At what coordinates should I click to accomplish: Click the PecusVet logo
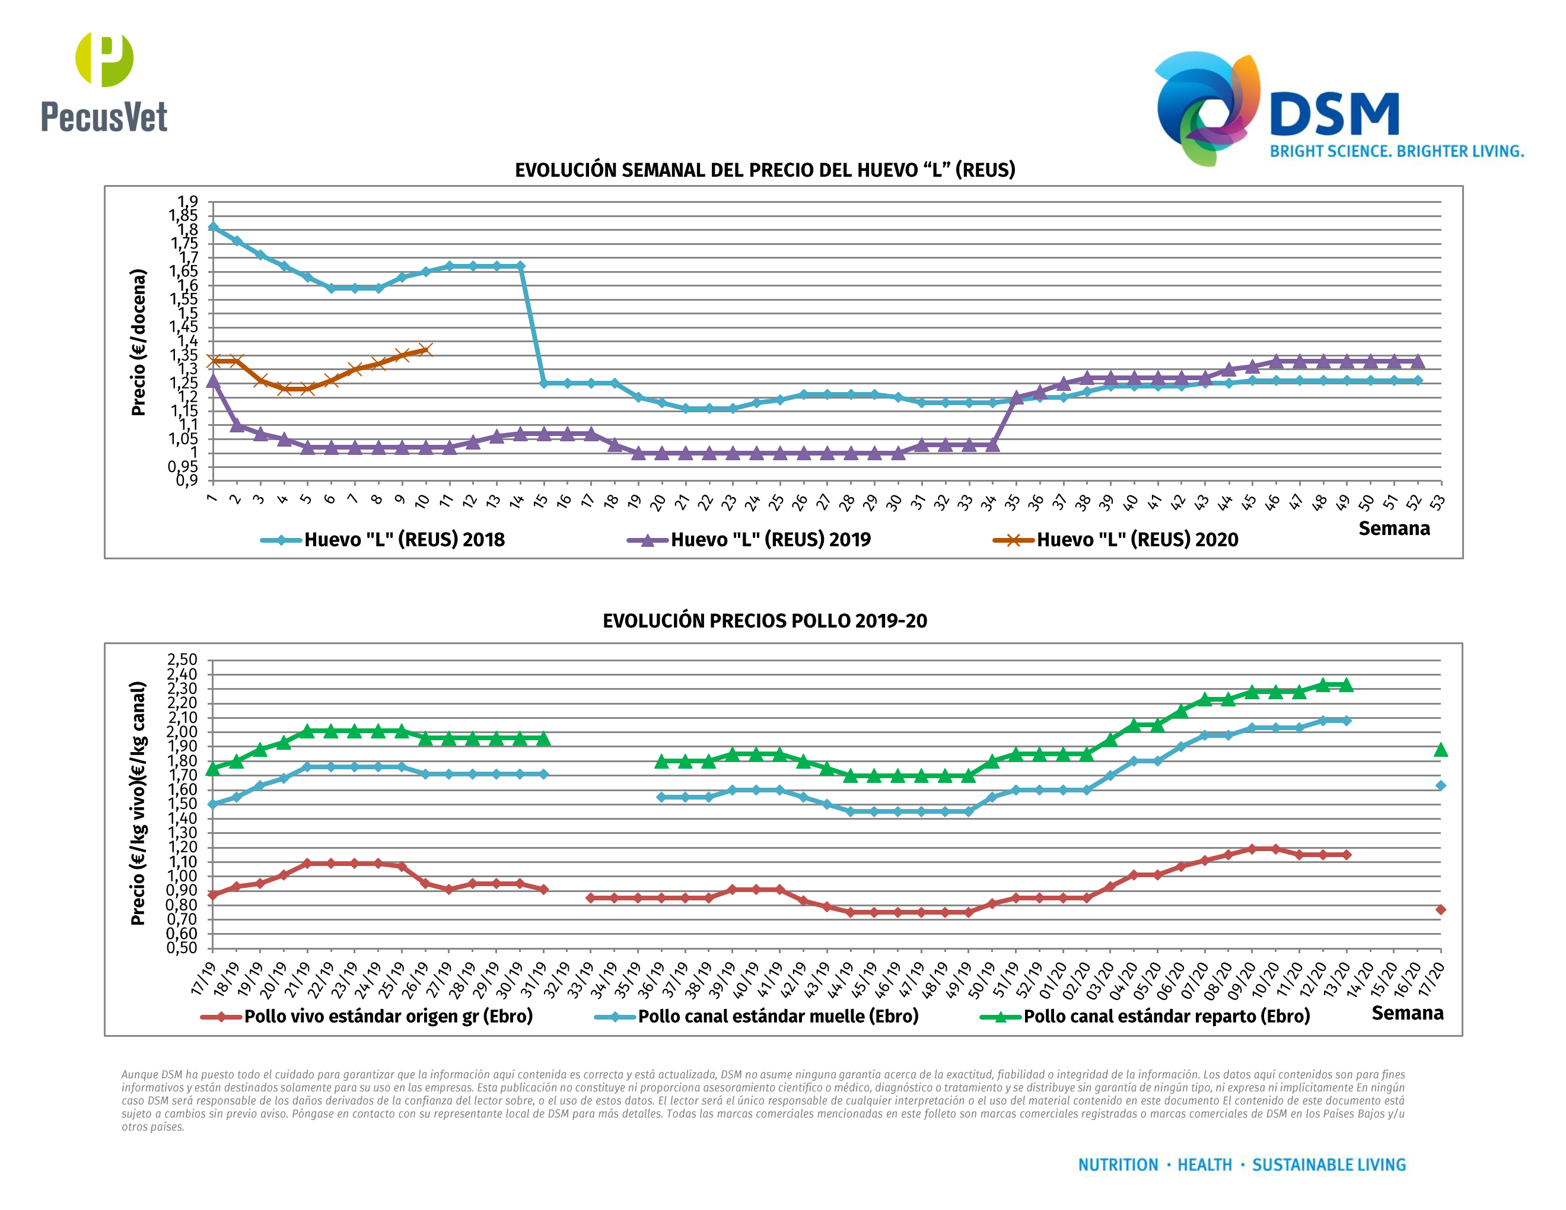pos(104,82)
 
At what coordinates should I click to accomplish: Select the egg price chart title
pos(765,170)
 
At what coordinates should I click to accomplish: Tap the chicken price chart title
pos(765,621)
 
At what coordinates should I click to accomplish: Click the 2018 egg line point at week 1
pos(213,227)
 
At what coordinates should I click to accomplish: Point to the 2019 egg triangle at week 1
pos(213,381)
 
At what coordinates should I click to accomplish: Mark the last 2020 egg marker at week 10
pos(425,350)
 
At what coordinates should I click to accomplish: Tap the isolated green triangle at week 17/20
pos(1440,750)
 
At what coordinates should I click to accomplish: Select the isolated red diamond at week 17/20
pos(1440,910)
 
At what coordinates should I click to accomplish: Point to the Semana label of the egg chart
pos(1394,529)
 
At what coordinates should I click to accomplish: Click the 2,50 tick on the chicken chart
pos(182,660)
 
